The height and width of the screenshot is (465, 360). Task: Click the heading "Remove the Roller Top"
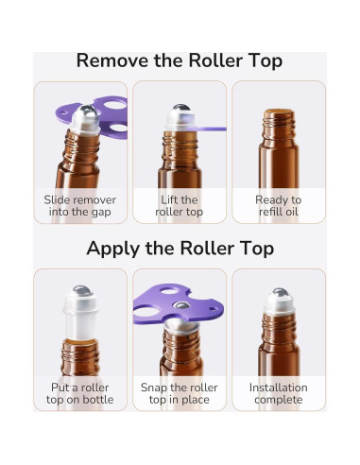180,61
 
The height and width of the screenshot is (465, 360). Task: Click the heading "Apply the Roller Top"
180,249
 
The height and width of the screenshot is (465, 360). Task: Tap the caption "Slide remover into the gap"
80,206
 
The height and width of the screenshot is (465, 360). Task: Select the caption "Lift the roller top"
180,206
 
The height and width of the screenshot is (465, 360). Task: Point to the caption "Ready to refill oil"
279,206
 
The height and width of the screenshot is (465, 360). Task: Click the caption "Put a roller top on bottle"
80,394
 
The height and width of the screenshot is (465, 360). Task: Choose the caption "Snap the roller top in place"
180,394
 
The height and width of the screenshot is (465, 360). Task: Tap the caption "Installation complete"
279,394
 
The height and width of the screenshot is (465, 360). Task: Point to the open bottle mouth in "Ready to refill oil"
279,113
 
